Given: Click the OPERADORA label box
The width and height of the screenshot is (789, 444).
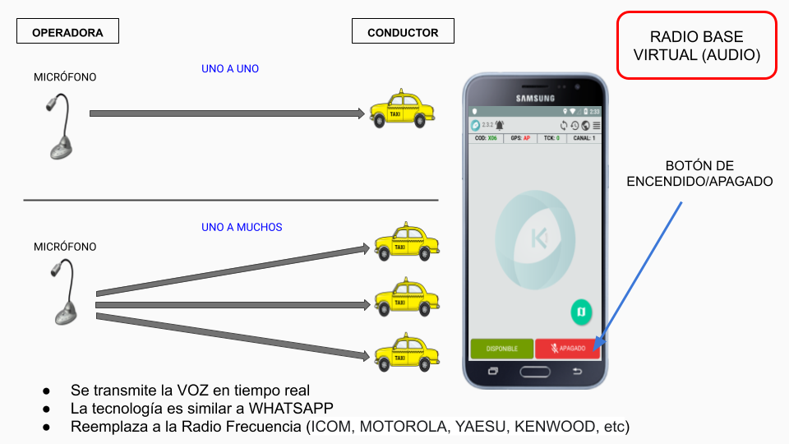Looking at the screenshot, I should (x=67, y=32).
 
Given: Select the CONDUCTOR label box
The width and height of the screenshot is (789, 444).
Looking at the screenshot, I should (x=403, y=32).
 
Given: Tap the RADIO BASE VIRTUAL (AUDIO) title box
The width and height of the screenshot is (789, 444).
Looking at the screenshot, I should (x=696, y=46).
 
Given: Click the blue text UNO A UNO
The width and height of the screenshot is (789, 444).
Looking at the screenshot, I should (x=230, y=69).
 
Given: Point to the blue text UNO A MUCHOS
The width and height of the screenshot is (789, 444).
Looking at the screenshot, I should (x=242, y=227).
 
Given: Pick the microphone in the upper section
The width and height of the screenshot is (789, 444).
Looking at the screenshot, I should (x=60, y=127).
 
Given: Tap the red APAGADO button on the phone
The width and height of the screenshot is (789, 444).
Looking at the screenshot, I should (x=567, y=348).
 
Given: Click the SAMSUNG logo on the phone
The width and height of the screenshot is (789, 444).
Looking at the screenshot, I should (x=535, y=98).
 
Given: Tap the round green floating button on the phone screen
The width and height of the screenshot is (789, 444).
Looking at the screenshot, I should (x=582, y=312).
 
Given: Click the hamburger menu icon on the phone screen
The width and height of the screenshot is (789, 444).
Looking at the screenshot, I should (x=596, y=125).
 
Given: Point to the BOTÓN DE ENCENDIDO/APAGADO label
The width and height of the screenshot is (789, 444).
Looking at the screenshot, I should (x=699, y=173).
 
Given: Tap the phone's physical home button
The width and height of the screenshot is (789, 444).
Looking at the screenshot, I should (x=535, y=372).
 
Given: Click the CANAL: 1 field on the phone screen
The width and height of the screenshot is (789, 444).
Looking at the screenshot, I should (x=584, y=138).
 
